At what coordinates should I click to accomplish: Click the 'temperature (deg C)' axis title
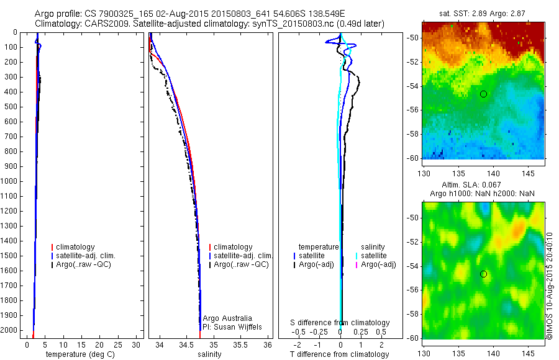coord(78,354)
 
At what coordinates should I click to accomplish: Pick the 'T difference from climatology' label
coord(340,354)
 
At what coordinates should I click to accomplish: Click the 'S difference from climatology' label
coord(340,323)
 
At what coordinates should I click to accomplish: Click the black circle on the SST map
coord(483,94)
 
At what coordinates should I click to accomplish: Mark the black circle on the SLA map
coord(483,274)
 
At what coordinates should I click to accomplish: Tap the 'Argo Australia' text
coord(227,318)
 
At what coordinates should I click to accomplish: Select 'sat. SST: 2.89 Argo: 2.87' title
coord(483,13)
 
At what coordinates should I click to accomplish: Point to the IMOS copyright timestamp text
coord(550,286)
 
